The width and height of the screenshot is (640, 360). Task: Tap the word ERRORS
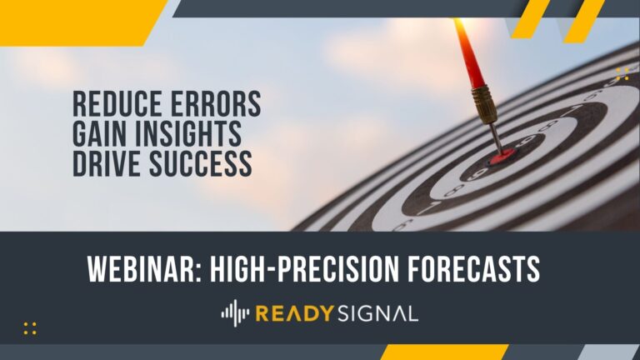[x=216, y=103]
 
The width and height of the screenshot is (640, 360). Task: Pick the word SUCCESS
[x=200, y=163]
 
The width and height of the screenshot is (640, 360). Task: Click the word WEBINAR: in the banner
[x=144, y=268]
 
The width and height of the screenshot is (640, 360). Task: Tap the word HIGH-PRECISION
[x=304, y=268]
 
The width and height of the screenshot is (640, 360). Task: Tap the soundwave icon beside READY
[x=235, y=313]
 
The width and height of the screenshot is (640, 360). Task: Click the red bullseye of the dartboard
[x=502, y=157]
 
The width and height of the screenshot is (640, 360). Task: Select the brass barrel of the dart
[x=484, y=104]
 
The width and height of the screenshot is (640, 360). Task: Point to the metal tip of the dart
[x=497, y=138]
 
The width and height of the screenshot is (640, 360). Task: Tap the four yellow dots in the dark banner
[x=30, y=328]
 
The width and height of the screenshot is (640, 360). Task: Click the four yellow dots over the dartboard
[x=622, y=73]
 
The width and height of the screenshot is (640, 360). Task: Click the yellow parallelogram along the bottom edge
[x=444, y=352]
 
